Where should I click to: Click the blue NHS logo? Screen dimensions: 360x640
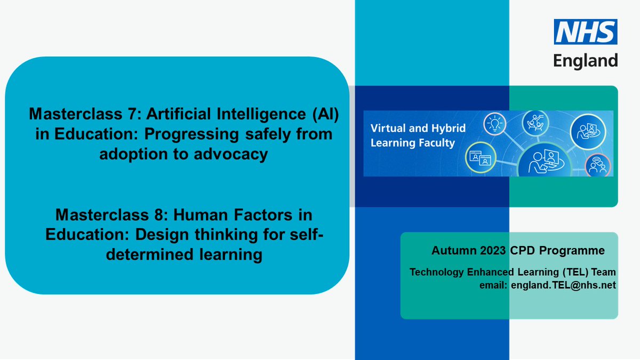pos(586,31)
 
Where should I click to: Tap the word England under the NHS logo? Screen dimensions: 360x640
pos(586,60)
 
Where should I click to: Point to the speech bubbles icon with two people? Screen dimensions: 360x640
pos(596,166)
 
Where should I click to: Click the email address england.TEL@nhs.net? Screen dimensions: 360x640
pos(563,285)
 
